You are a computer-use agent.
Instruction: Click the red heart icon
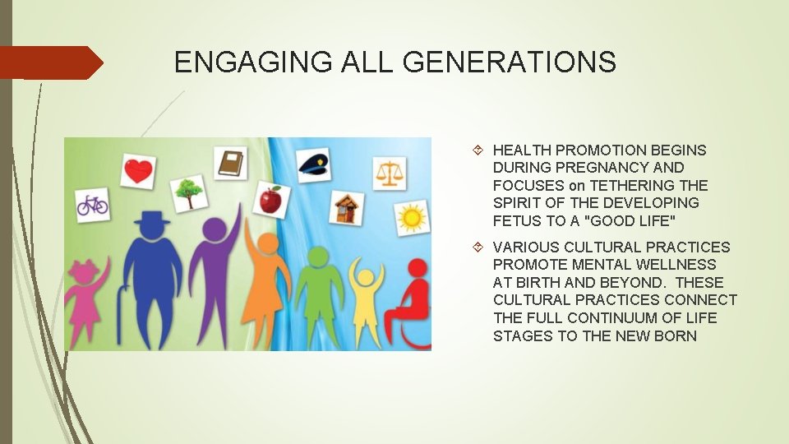[x=138, y=171]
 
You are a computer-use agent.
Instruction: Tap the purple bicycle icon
[x=92, y=203]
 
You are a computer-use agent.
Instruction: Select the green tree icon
[x=188, y=192]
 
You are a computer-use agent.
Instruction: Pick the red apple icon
[x=270, y=199]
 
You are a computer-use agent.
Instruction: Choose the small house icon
[x=348, y=207]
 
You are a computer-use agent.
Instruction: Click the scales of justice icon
[x=389, y=172]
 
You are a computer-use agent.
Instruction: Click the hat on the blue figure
[x=153, y=220]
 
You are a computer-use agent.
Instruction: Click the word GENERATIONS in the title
[x=514, y=62]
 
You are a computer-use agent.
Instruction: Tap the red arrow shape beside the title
[x=52, y=62]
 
